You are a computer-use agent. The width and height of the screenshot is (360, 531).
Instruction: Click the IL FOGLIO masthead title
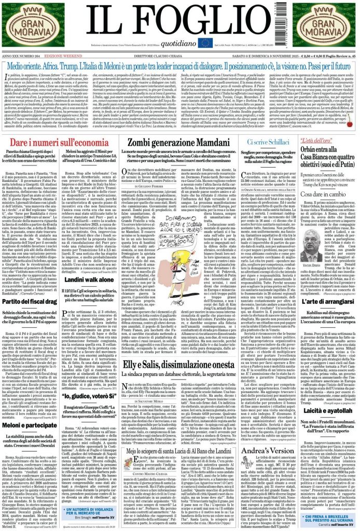[181, 21]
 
